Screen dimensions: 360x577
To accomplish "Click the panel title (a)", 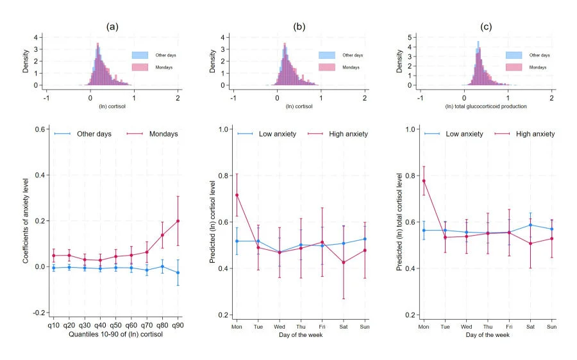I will pyautogui.click(x=112, y=26).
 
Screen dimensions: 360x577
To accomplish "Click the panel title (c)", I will pyautogui.click(x=486, y=26).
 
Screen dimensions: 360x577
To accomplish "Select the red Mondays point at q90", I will pyautogui.click(x=178, y=221).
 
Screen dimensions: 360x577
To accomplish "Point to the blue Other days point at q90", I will pyautogui.click(x=178, y=273).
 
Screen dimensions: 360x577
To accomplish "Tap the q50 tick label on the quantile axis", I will pyautogui.click(x=115, y=325).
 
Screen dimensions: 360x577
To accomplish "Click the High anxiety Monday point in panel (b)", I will pyautogui.click(x=237, y=195).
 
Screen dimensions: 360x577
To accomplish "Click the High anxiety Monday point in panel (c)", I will pyautogui.click(x=424, y=181).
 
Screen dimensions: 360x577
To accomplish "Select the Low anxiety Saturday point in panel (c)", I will pyautogui.click(x=530, y=225).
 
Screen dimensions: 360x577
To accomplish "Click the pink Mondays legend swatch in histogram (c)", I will pyautogui.click(x=514, y=67).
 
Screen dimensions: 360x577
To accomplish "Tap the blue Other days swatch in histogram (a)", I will pyautogui.click(x=140, y=55).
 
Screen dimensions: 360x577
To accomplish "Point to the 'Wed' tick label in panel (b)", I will pyautogui.click(x=280, y=325).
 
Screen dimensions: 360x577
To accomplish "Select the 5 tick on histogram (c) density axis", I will pyautogui.click(x=414, y=37).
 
